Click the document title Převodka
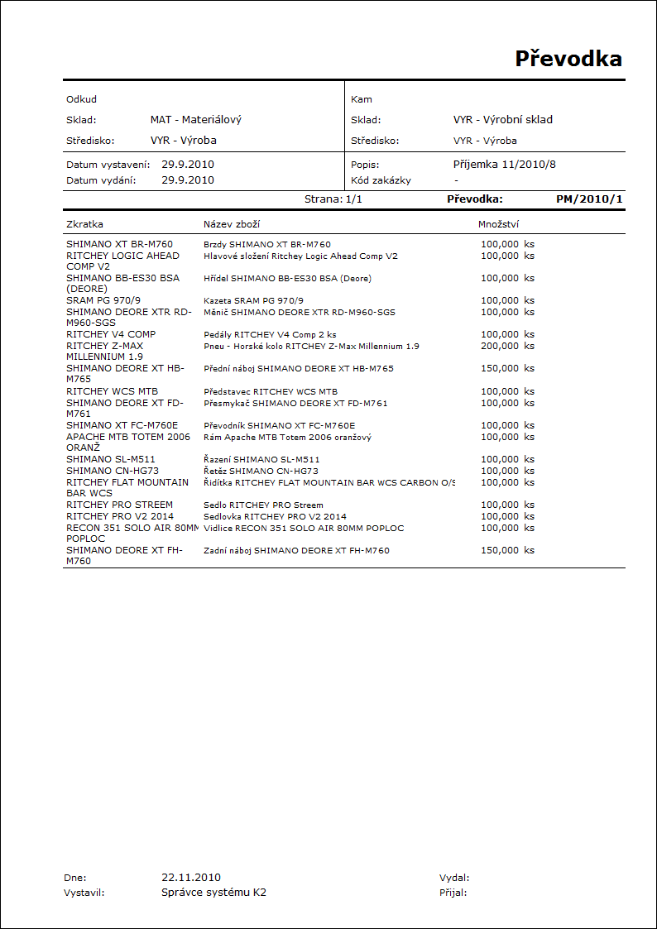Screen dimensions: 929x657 [568, 59]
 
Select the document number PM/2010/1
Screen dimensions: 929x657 [589, 199]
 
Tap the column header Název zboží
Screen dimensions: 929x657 [233, 224]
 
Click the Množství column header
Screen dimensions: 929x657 [498, 224]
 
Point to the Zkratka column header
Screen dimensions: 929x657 [84, 224]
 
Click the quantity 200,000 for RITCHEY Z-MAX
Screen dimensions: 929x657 [500, 346]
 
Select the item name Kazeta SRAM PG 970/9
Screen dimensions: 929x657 [253, 300]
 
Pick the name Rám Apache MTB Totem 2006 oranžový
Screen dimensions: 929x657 [287, 437]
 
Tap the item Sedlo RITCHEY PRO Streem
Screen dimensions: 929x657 [263, 505]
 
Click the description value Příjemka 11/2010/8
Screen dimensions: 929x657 [504, 165]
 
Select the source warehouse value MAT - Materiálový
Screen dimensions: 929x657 [196, 120]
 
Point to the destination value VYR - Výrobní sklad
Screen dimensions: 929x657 [502, 120]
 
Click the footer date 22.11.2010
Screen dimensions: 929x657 [191, 877]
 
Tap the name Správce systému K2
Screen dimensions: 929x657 [213, 893]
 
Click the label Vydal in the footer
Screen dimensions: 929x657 [454, 878]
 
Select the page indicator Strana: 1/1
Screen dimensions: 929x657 [333, 199]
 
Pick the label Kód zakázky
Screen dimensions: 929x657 [381, 180]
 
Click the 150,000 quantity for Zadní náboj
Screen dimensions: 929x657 [500, 550]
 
